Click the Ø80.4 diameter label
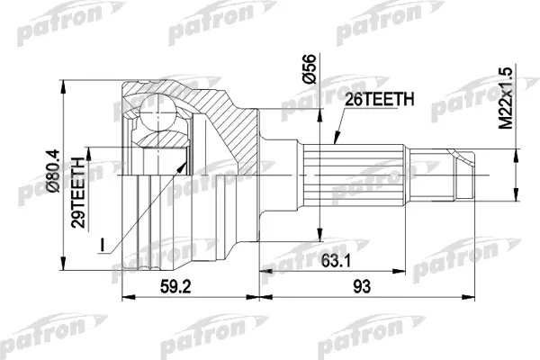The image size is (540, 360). (x=53, y=171)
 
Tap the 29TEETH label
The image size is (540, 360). (x=78, y=193)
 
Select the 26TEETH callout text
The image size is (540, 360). (x=379, y=100)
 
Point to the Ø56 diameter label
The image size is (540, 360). (x=308, y=68)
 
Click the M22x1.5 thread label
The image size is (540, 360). (x=506, y=98)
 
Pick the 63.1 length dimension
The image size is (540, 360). (x=336, y=262)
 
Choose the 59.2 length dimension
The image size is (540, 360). (x=175, y=286)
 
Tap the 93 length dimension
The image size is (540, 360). (x=362, y=286)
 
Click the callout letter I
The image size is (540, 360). (x=102, y=244)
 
